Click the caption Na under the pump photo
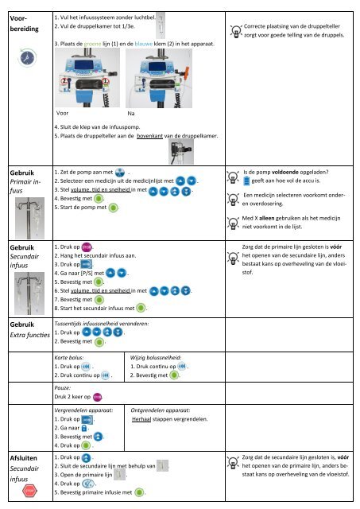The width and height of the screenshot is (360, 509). point(132,113)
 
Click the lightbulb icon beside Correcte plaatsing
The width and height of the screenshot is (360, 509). point(235,29)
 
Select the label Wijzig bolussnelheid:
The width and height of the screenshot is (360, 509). point(156,359)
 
